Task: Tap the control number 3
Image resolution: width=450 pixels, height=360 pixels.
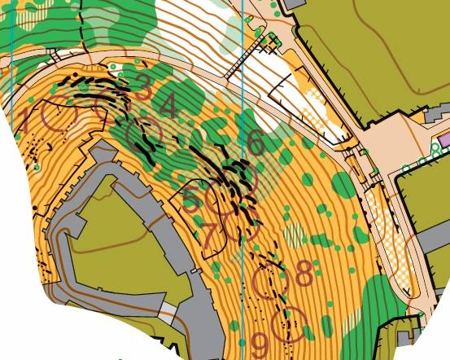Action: pos(143,86)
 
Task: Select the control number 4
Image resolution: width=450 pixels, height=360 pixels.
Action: pos(168,106)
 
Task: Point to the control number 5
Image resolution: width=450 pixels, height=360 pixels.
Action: pos(192,199)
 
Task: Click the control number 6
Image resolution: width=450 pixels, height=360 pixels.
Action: pos(256,143)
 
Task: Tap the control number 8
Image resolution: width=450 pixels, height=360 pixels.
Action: pos(304,274)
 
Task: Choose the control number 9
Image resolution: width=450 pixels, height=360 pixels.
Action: pos(261,343)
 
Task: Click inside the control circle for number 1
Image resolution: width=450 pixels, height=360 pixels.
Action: pos(56,115)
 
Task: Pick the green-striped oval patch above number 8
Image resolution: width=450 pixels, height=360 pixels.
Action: pos(294,235)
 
